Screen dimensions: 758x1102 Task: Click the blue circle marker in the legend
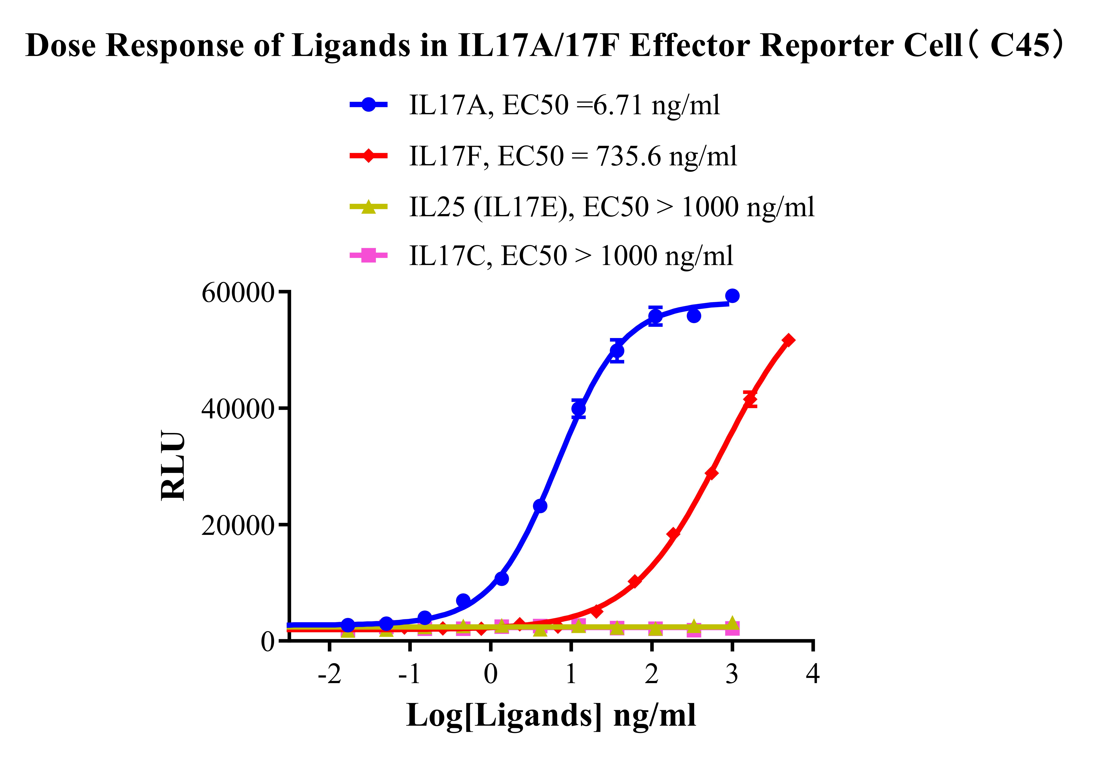pos(369,105)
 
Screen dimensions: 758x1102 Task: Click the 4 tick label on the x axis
pos(813,674)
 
